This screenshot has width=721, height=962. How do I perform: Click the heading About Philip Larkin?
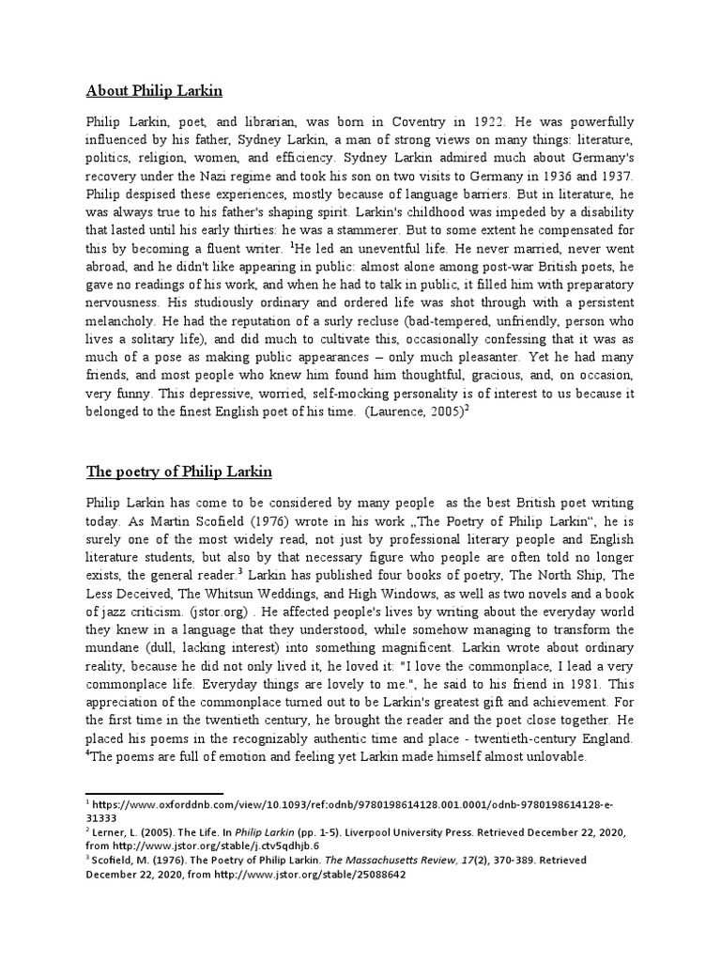[155, 91]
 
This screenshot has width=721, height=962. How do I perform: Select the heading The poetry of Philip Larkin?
[178, 471]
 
